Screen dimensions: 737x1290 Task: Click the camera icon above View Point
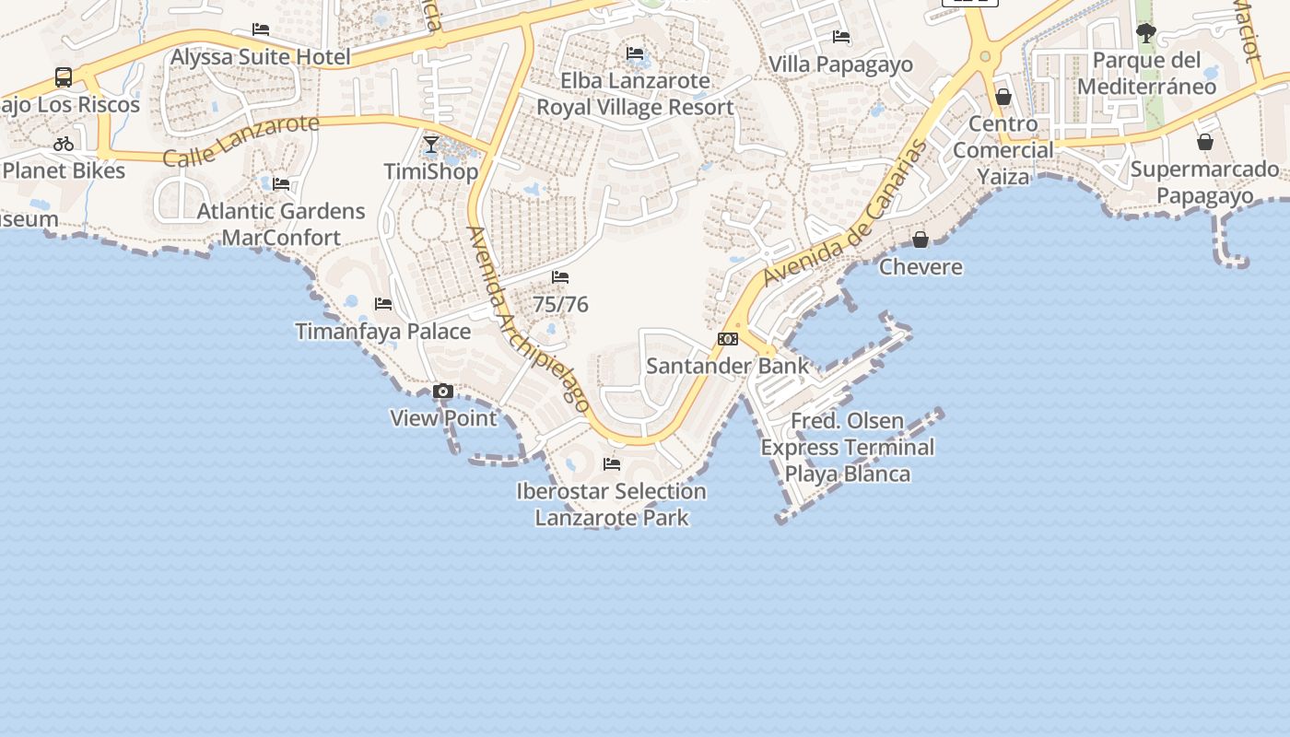443,392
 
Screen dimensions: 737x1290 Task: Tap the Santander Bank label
727,366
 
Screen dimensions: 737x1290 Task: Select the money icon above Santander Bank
728,339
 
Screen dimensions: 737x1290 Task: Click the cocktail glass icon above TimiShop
431,145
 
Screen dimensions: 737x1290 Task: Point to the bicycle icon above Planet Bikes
64,144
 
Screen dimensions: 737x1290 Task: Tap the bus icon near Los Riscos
64,77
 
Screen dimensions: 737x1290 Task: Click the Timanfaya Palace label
383,332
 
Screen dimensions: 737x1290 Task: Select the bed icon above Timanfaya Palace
383,304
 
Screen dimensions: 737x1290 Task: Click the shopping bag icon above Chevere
921,240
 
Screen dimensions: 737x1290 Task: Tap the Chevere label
921,267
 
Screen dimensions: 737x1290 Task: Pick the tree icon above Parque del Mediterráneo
1146,34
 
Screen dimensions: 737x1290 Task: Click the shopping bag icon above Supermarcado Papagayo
1205,142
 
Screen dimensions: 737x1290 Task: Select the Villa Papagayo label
840,64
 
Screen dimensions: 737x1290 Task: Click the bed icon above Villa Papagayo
841,37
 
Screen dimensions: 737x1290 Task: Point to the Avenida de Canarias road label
845,214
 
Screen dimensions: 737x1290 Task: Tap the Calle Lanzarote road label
241,141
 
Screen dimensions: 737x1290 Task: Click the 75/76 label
560,305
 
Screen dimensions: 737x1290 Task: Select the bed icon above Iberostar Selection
612,464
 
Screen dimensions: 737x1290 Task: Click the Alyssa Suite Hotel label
261,57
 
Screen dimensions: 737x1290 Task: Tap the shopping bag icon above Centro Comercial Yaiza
1003,97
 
